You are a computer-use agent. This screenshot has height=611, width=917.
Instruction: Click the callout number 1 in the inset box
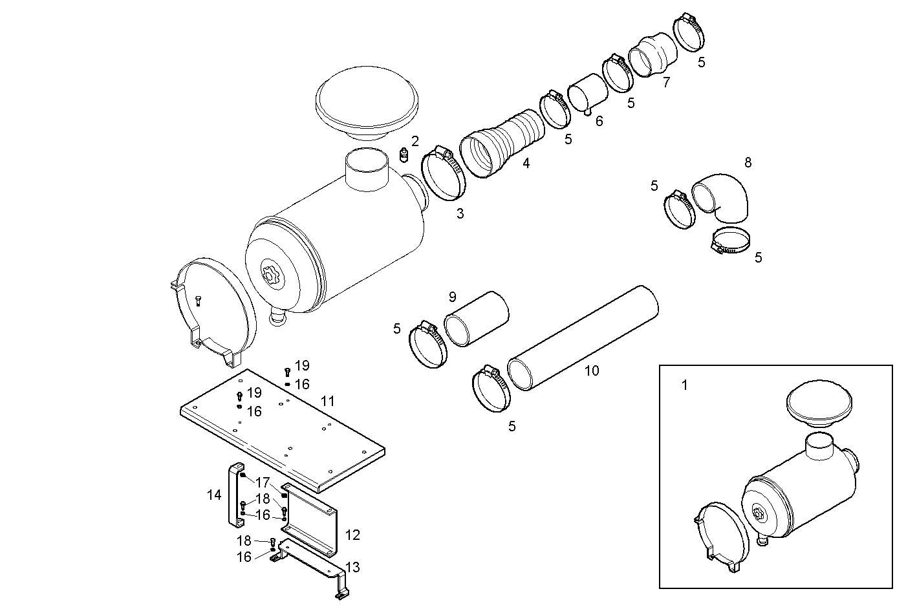[685, 385]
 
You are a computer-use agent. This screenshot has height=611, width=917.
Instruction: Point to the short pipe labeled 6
[588, 94]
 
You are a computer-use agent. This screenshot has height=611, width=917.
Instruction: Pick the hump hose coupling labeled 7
[653, 54]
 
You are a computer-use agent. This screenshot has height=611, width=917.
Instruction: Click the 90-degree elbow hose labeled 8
[723, 197]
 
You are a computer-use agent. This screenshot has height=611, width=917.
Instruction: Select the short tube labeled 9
[477, 319]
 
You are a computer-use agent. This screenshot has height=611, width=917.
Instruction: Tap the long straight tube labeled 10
[583, 338]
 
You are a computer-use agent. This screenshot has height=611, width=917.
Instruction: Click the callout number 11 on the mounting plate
[328, 402]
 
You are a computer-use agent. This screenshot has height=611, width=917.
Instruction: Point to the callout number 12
[352, 535]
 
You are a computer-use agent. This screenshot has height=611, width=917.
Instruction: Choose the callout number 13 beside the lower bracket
[352, 568]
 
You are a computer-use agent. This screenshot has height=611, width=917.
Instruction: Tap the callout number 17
[262, 482]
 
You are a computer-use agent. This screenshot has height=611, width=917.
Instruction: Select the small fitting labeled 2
[404, 156]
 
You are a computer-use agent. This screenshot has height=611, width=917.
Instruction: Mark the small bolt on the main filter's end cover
[197, 299]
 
